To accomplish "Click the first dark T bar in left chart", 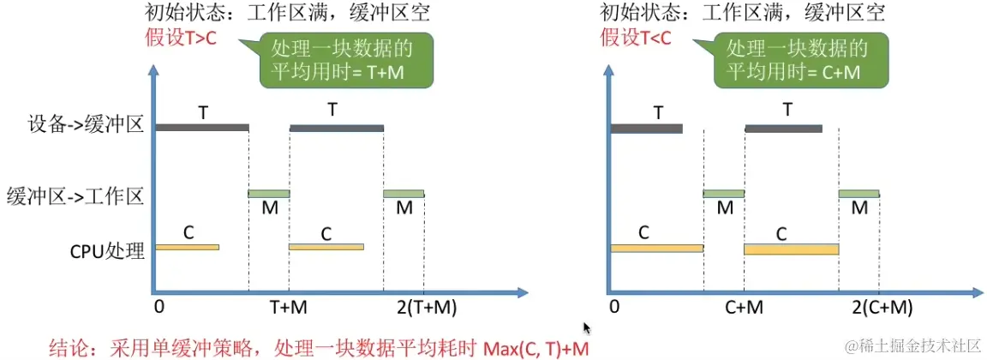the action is point(202,128).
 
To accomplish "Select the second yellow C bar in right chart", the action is point(791,249).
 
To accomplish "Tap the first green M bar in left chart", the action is point(269,194).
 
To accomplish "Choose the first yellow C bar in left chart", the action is point(187,247).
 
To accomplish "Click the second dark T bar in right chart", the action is point(783,129).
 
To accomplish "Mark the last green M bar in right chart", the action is point(858,194).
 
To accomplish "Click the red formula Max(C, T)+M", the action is point(535,347).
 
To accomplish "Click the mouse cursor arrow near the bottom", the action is point(587,328).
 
